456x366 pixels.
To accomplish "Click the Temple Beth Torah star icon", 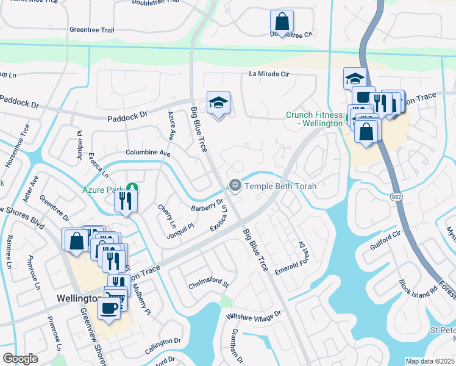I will pos(235,185).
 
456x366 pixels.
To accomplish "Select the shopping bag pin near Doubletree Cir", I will pos(282,22).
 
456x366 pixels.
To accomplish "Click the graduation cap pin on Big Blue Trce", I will pos(218,103).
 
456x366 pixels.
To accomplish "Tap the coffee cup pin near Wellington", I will pos(109,309).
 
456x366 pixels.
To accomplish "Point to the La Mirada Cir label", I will pos(268,74).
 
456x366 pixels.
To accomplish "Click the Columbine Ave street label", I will pos(148,152).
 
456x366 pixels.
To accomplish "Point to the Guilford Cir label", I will pos(385,239).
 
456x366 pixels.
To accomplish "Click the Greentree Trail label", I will pos(91,29).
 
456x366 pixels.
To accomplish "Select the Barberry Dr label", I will pos(207,206).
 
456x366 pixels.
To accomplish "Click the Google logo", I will pos(20,359).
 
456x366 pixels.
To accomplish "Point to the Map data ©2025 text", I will pos(430,361).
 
